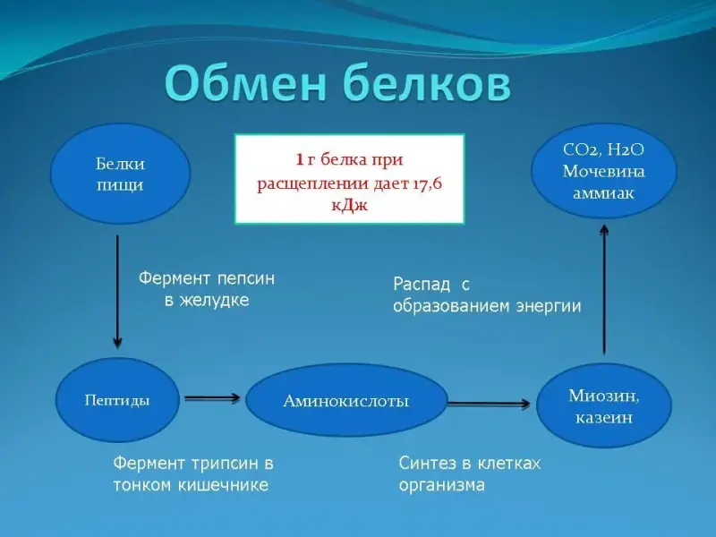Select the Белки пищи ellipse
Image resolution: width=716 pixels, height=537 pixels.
pyautogui.click(x=120, y=175)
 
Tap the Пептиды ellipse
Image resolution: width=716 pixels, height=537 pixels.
pyautogui.click(x=117, y=400)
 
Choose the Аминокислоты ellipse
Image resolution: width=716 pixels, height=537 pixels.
pyautogui.click(x=346, y=401)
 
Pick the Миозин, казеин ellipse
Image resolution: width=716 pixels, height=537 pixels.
pyautogui.click(x=604, y=405)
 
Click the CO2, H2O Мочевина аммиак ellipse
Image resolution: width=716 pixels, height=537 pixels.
pyautogui.click(x=604, y=171)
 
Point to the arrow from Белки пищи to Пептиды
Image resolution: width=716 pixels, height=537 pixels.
pyautogui.click(x=117, y=291)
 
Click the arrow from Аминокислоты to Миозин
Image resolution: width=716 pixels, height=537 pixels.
pyautogui.click(x=490, y=404)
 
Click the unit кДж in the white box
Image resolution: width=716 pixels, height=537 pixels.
pyautogui.click(x=349, y=205)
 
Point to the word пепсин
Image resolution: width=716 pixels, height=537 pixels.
pyautogui.click(x=244, y=278)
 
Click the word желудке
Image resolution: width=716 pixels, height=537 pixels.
pyautogui.click(x=218, y=301)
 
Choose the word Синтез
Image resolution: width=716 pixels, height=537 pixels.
pyautogui.click(x=426, y=464)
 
